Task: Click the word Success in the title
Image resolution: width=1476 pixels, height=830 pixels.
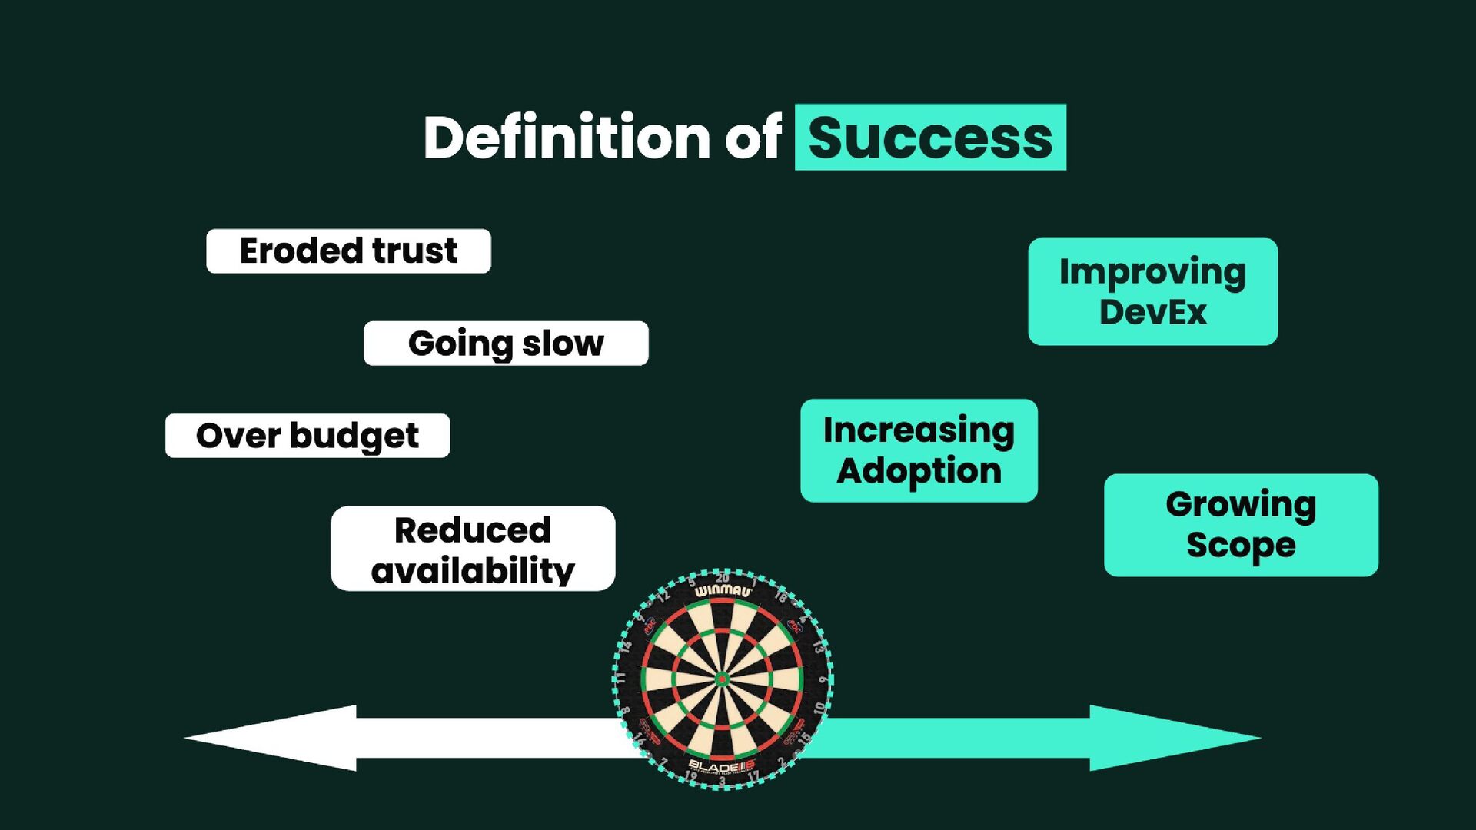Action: point(930,138)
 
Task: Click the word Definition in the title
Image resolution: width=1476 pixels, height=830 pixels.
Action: point(567,138)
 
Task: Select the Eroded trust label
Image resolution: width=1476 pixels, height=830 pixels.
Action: point(348,251)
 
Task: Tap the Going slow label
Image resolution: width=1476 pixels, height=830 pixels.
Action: point(506,344)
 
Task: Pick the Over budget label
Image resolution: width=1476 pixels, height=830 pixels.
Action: point(307,436)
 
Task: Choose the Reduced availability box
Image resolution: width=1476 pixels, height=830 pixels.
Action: point(473,549)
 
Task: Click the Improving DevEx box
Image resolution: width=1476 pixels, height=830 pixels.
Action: point(1152,291)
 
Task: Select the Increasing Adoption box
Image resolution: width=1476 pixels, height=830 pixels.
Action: point(919,450)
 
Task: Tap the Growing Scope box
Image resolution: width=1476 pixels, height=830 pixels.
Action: point(1241,525)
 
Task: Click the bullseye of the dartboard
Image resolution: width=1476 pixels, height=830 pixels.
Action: point(722,679)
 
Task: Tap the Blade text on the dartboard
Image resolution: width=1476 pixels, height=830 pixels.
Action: point(715,766)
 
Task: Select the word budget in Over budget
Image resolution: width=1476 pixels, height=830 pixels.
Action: point(354,437)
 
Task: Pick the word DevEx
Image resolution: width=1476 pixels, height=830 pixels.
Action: point(1152,312)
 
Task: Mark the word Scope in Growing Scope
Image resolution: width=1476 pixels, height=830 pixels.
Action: point(1241,546)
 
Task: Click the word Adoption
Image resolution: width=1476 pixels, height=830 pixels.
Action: point(919,471)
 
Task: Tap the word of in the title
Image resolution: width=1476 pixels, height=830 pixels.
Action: point(753,138)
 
